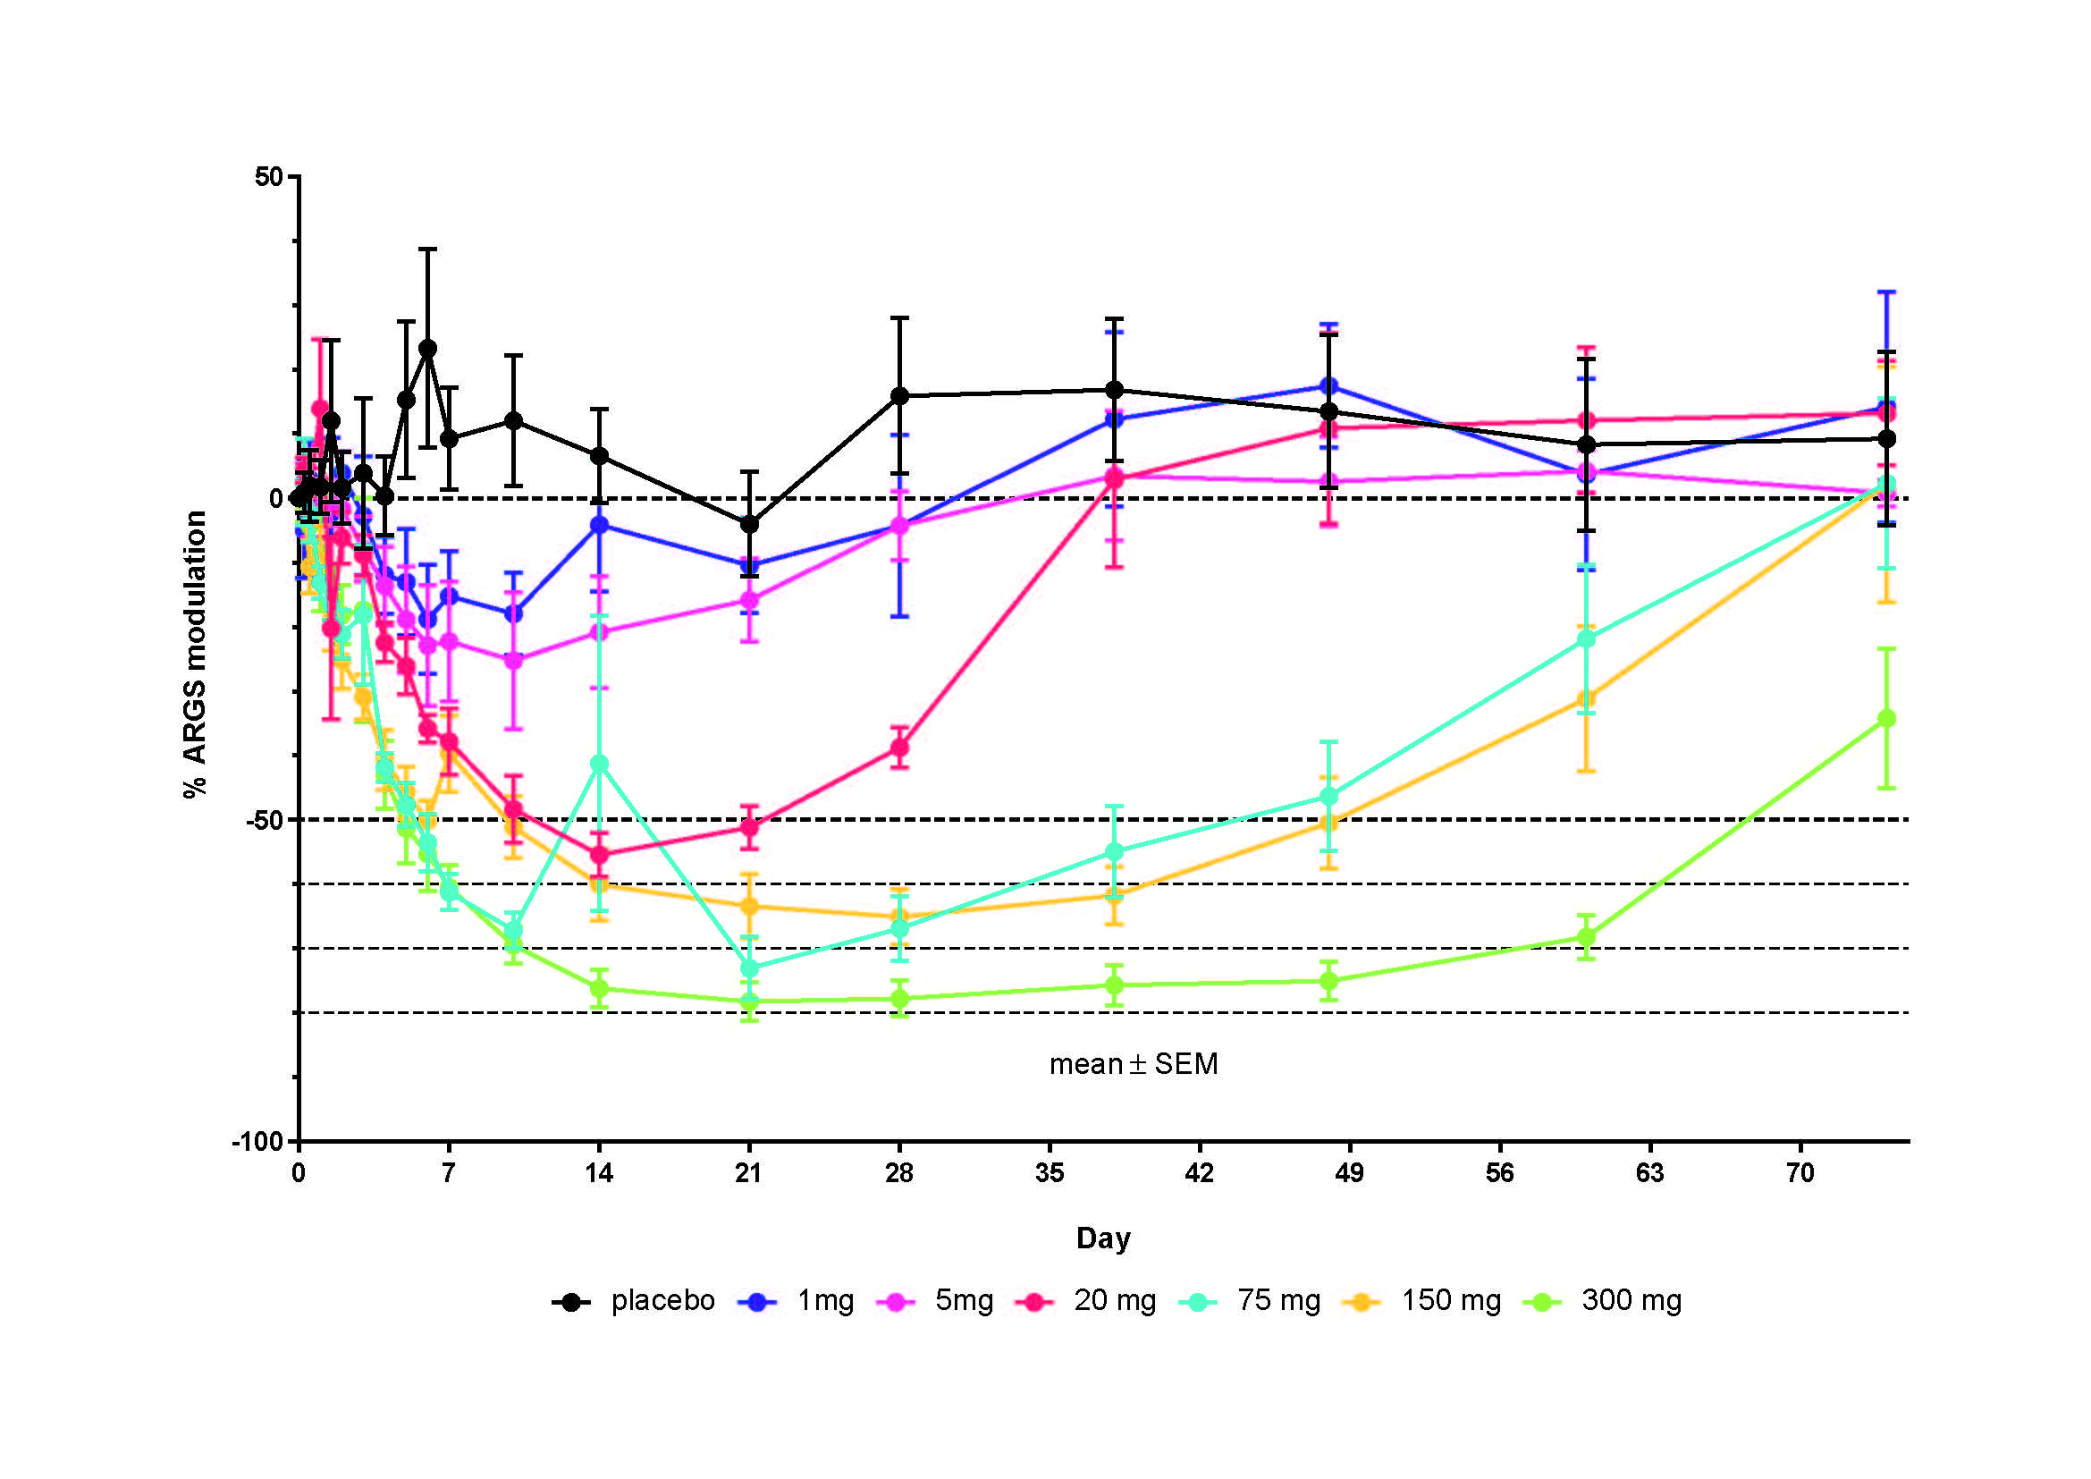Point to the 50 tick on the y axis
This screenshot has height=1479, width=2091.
270,177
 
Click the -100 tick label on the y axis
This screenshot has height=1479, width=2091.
257,1142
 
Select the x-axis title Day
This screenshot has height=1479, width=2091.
1103,1238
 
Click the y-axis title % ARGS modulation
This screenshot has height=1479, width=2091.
195,654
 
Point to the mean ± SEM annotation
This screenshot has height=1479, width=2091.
1133,1065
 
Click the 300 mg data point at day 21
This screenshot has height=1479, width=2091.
749,1001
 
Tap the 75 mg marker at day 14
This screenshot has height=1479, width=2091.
599,764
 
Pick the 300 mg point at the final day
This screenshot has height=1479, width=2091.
1887,719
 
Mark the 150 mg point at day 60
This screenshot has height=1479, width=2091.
1587,699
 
